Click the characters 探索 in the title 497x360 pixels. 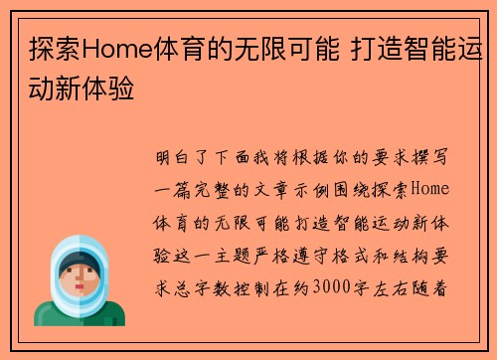pyautogui.click(x=51, y=47)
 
